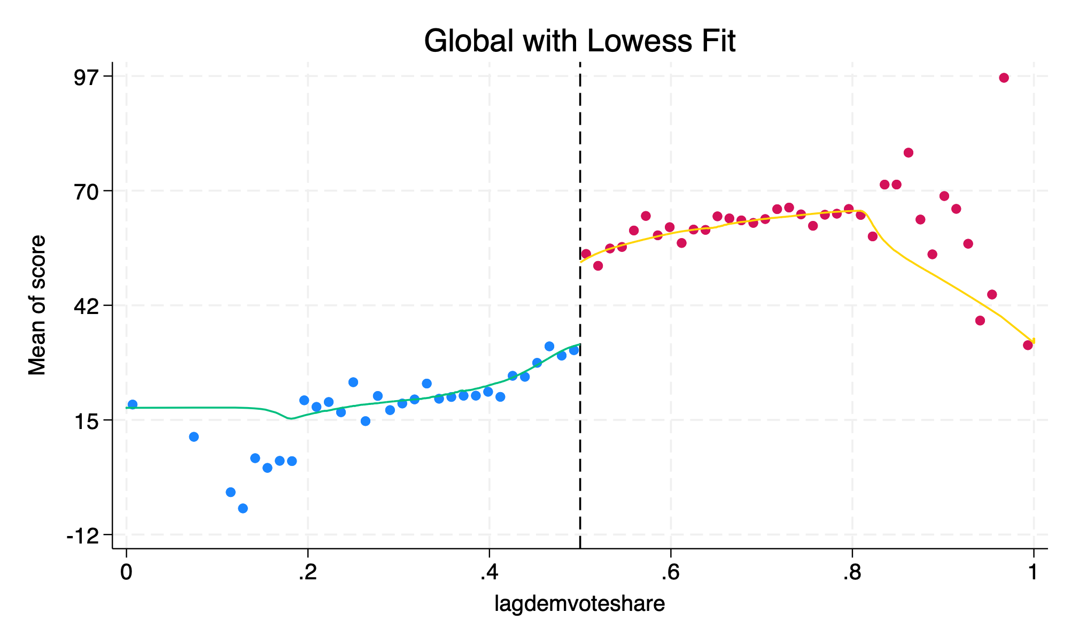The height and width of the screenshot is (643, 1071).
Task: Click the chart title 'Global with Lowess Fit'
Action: click(579, 41)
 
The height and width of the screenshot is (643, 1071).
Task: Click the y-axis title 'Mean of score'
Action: click(37, 305)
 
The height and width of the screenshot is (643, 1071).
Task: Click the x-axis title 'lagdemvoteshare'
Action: click(579, 603)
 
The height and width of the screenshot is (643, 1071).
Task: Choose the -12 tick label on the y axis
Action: click(86, 534)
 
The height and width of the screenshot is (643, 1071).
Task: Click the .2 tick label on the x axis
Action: click(307, 572)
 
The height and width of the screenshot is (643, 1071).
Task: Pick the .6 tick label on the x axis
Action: click(670, 572)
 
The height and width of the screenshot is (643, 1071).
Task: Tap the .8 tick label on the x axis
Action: click(851, 572)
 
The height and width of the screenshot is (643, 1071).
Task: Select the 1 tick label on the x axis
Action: click(1033, 572)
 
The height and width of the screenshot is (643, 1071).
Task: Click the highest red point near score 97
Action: click(1004, 78)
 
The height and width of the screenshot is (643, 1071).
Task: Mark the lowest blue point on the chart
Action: click(243, 508)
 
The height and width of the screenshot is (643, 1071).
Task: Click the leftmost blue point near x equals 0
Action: click(133, 404)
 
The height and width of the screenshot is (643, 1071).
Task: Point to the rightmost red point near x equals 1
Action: click(1028, 345)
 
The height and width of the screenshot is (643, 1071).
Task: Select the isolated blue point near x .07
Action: click(194, 437)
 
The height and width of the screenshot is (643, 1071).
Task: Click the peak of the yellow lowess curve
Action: click(858, 211)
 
